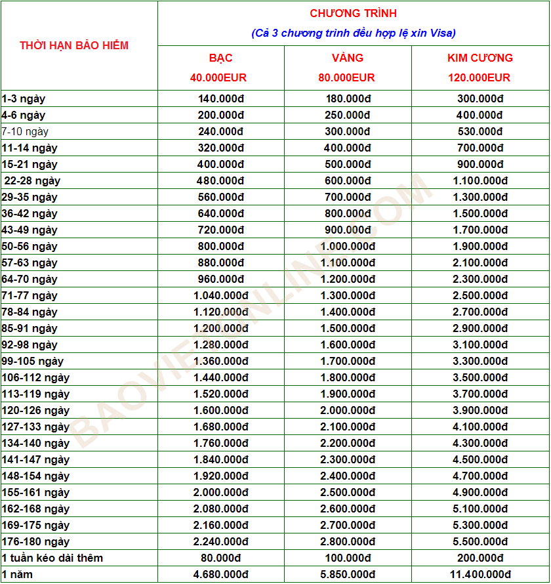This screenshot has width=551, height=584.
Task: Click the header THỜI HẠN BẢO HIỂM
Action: click(74, 45)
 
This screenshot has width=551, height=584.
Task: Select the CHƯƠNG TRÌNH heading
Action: click(354, 13)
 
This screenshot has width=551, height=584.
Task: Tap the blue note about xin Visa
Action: click(354, 33)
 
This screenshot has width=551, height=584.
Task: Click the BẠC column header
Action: click(221, 58)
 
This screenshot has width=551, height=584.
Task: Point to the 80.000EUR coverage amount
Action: click(347, 77)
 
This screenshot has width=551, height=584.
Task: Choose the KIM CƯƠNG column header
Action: click(480, 58)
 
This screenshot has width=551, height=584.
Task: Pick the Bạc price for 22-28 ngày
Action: click(221, 180)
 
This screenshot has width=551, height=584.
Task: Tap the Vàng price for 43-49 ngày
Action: click(348, 230)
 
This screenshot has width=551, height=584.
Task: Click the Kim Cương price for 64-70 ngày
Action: click(480, 279)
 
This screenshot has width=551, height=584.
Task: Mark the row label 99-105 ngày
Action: click(33, 361)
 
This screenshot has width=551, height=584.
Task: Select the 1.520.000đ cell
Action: click(221, 394)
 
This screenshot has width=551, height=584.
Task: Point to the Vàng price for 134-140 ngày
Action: click(348, 443)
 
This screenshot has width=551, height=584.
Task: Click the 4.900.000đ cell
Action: click(480, 492)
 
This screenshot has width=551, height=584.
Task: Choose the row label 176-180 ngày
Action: click(35, 541)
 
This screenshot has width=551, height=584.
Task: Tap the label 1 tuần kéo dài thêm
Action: click(52, 558)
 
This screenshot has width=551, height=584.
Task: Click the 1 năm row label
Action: click(18, 574)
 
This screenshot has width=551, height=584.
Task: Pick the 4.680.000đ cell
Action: click(221, 574)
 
